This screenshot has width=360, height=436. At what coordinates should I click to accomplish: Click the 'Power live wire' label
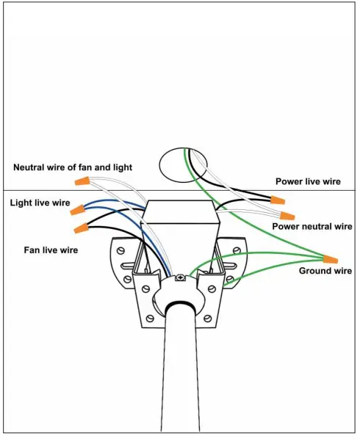pos(308,181)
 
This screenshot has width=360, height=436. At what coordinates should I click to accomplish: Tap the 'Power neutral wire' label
pos(312,227)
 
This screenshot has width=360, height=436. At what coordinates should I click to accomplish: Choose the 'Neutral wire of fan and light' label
pos(73,167)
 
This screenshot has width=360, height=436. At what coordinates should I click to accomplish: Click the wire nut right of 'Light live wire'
pos(77,211)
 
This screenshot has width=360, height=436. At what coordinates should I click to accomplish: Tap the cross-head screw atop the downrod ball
pos(179,277)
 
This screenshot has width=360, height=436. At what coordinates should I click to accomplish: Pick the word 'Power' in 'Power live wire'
pos(291,181)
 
